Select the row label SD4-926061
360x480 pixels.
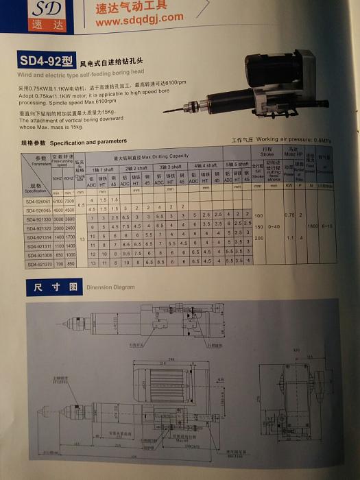(x=38, y=202)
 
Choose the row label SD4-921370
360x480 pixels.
(x=39, y=262)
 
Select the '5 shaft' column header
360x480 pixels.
(x=238, y=164)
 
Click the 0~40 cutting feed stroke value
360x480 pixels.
(x=274, y=225)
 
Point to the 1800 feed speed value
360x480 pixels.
(x=313, y=224)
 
